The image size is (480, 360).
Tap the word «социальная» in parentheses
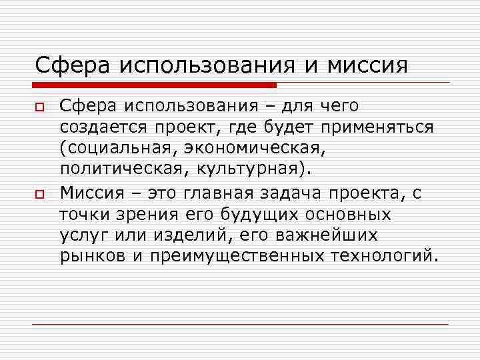117,149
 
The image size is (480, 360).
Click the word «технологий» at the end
388,257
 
